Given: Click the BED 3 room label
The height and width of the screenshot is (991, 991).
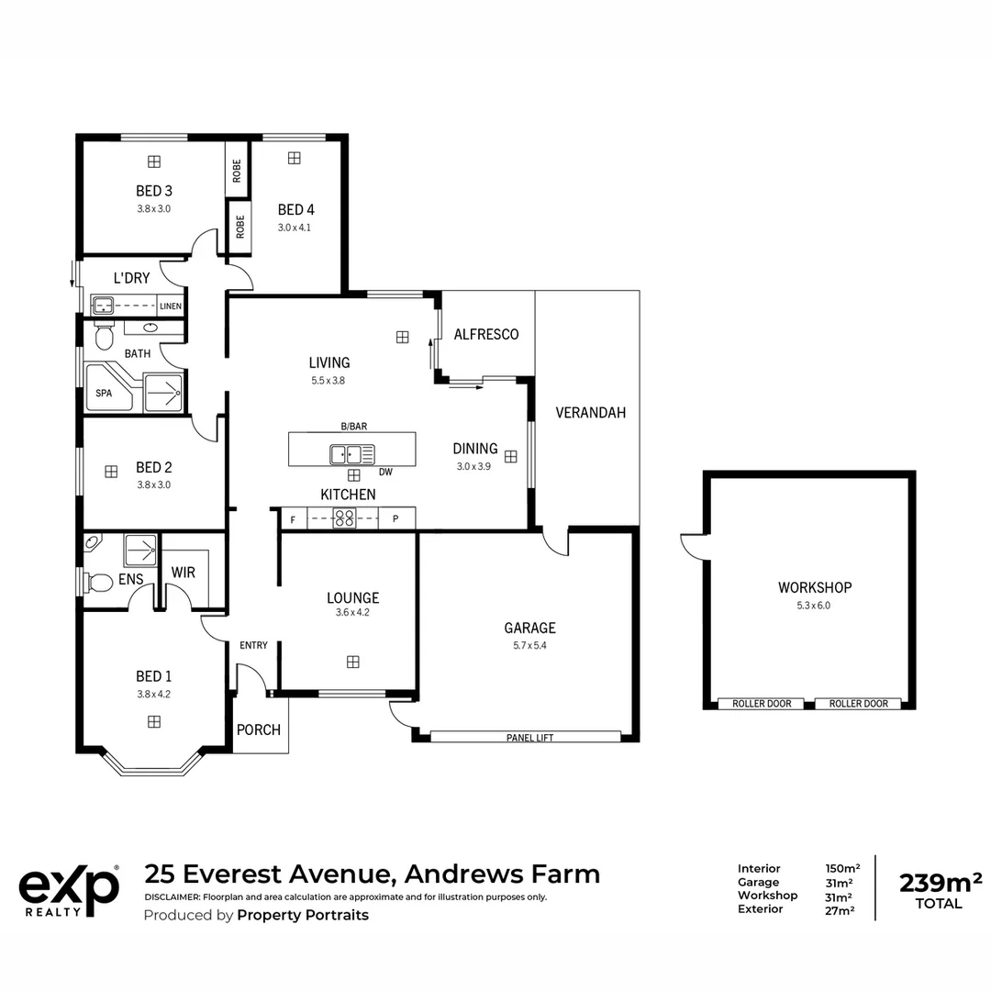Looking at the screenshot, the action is point(153,191).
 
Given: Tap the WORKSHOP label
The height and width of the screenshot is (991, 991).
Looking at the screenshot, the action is point(815,588).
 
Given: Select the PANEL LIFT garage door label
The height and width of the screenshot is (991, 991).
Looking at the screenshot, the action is point(529,738).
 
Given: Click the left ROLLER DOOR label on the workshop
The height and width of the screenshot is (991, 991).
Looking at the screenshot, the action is point(762,704).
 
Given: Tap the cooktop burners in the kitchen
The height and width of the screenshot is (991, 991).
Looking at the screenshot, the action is point(344,518).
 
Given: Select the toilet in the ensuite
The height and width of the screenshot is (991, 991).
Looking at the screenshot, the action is point(98,582).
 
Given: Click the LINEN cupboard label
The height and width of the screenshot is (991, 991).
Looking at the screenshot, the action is point(171,306).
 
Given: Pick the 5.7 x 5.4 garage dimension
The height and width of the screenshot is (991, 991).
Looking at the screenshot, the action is point(529,645).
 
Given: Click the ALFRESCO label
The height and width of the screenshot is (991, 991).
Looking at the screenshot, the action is point(486,334).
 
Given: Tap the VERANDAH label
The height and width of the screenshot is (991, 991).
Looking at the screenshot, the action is point(590,413).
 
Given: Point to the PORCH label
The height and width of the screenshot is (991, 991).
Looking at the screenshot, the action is point(259,730).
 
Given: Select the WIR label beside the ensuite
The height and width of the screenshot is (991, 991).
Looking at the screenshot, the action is point(184,573).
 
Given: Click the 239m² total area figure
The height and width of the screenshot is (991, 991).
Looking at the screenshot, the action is point(941,883).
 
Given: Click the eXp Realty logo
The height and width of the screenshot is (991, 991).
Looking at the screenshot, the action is point(69,891).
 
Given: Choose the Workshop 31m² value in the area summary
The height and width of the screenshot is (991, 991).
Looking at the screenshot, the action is point(840,896).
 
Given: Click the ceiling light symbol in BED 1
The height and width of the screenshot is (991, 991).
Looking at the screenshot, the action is point(153,722).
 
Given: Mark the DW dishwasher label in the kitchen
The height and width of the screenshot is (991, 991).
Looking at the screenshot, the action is point(385,473).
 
